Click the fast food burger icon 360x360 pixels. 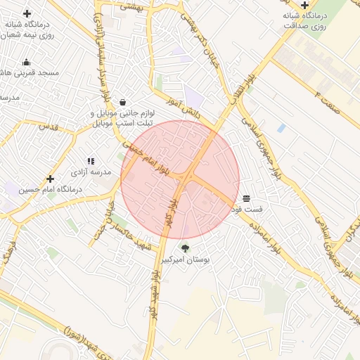point(246,198)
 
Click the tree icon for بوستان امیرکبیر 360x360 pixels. point(185,247)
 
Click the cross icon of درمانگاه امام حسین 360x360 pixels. point(50,179)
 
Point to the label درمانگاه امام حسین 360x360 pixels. point(50,190)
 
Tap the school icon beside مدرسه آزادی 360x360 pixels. point(91,161)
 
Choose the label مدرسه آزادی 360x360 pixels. point(89,172)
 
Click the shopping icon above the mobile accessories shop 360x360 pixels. point(123,102)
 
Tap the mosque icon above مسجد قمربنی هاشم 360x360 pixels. point(27,62)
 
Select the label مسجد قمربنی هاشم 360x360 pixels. point(32,73)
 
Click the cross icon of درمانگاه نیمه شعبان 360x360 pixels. point(27,13)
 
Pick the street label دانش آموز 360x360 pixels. point(184,107)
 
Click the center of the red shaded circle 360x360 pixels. point(180,179)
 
